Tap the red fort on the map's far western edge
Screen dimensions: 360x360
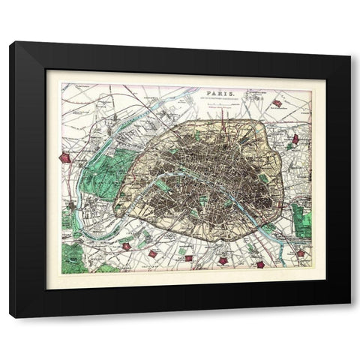click(66, 158)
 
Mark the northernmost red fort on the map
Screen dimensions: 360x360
click(277, 103)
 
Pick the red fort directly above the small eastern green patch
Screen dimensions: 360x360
click(296, 139)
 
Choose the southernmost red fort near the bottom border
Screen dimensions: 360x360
click(259, 264)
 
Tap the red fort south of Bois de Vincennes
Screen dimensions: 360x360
click(301, 253)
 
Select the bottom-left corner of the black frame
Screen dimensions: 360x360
click(10, 316)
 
